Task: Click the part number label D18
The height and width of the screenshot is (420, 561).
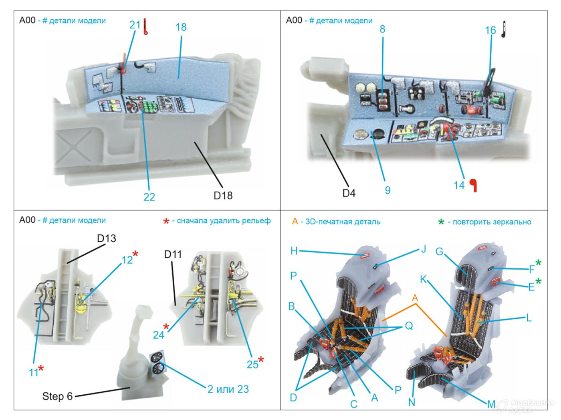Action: point(223,195)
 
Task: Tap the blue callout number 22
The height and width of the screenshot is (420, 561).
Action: point(149,197)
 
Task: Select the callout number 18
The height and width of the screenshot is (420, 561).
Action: point(181,27)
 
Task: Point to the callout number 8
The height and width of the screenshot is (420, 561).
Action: point(383,29)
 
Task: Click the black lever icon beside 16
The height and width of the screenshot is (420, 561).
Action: point(504,30)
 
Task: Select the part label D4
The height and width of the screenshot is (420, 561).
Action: point(349,193)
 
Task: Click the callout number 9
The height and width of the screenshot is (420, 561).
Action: point(387,190)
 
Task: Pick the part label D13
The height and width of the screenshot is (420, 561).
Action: point(107,238)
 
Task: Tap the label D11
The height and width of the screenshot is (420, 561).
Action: point(173,254)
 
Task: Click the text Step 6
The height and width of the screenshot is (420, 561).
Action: point(57,396)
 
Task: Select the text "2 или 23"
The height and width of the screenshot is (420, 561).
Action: point(228,389)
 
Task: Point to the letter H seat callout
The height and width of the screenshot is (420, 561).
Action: point(294,251)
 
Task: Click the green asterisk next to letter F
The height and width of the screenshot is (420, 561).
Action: point(538,263)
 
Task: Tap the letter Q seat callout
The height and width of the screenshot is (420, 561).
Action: point(409,326)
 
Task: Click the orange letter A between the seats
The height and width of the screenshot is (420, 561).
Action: point(415,298)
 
